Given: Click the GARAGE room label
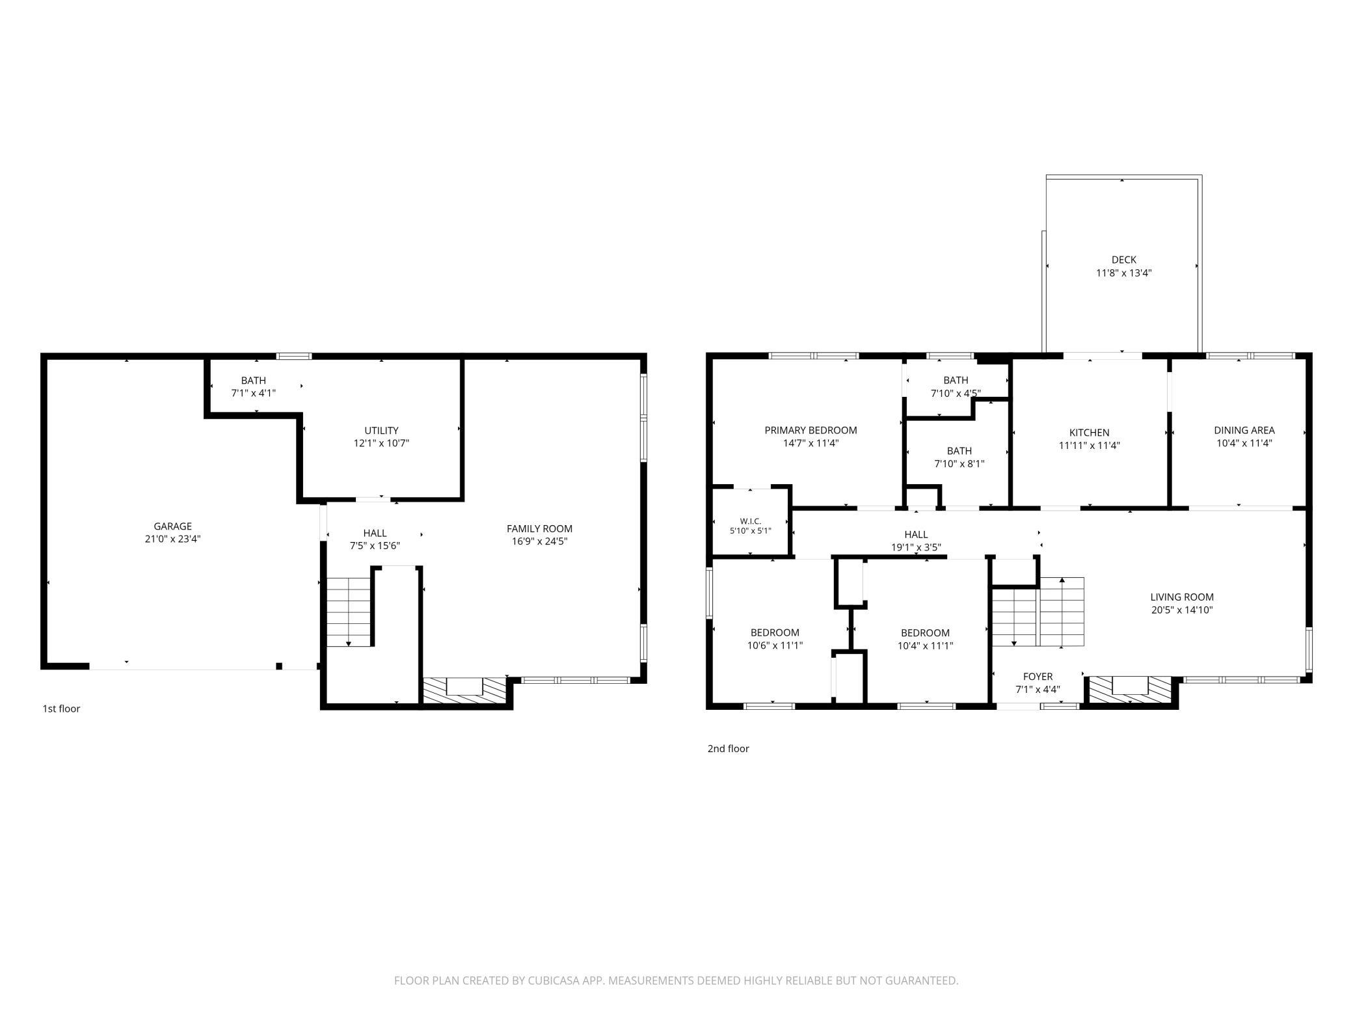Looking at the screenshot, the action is tap(172, 526).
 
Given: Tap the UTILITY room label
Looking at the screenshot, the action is tap(381, 431).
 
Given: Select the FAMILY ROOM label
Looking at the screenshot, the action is tap(539, 529).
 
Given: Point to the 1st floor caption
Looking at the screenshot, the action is tap(61, 709).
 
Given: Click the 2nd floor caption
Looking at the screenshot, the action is tap(729, 749).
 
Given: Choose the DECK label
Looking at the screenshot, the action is tap(1124, 260).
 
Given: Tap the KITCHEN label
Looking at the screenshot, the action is tap(1090, 433).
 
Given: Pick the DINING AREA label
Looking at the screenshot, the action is tap(1244, 430).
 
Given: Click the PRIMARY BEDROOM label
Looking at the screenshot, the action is tap(810, 430).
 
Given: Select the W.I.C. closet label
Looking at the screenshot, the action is tap(751, 521).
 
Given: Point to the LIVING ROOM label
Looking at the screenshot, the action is tap(1182, 597).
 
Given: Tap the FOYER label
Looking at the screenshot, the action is tap(1038, 677).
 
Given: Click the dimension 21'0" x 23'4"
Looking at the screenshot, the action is tap(172, 539).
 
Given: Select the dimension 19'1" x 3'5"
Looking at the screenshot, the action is tap(916, 548).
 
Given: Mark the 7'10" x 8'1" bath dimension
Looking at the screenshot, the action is tap(959, 464).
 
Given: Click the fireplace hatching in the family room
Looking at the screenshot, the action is tap(464, 690).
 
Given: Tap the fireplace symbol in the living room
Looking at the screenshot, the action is tap(1131, 690).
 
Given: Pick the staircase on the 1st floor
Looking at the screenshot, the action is tap(349, 612).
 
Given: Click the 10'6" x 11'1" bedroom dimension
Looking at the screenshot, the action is tap(775, 646).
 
